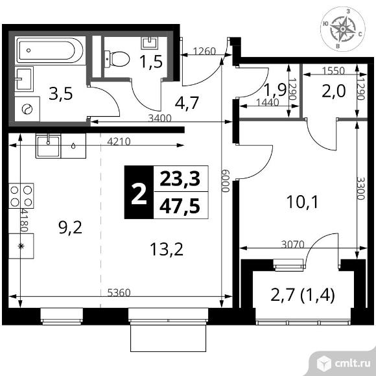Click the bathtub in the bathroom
[50, 51]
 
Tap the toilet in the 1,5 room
[117, 59]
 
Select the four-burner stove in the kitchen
[21, 196]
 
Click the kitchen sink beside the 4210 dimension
[48, 146]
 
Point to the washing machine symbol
[27, 109]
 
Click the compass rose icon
[343, 29]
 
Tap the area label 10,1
[302, 202]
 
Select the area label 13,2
[167, 249]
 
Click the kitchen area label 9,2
[70, 228]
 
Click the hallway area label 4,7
[187, 103]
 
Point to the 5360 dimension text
[119, 292]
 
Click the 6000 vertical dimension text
[226, 181]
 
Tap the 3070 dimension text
[293, 244]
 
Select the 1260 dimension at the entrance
[204, 51]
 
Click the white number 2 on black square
[139, 192]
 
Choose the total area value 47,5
[180, 206]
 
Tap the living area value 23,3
[180, 179]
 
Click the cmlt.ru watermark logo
[344, 364]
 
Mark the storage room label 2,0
[334, 91]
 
